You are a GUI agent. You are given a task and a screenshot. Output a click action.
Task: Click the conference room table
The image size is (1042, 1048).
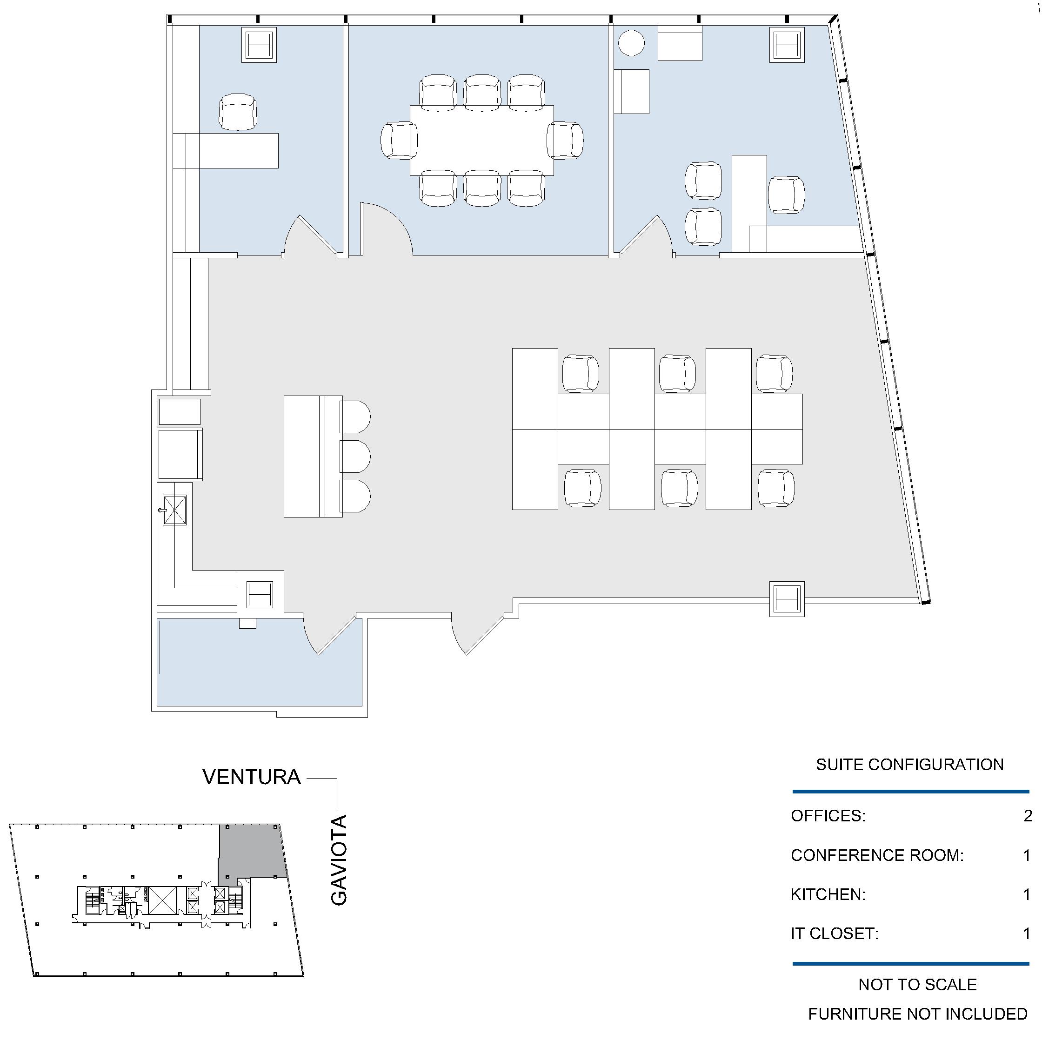tap(481, 141)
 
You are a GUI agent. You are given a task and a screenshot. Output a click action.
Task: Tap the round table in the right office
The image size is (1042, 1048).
tap(631, 43)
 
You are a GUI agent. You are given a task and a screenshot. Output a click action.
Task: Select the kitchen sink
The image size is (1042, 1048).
tap(174, 510)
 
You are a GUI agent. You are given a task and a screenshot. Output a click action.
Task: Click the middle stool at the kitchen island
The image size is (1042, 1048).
tap(355, 456)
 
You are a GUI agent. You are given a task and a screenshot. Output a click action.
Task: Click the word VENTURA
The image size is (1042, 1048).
tap(252, 777)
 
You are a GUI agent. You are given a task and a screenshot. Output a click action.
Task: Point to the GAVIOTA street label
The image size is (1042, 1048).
tap(339, 860)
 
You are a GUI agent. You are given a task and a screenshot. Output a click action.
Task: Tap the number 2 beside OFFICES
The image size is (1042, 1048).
tap(1028, 816)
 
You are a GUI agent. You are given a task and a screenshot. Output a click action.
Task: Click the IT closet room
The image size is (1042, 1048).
tap(260, 662)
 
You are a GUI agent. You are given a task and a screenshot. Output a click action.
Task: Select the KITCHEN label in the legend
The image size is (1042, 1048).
tap(828, 894)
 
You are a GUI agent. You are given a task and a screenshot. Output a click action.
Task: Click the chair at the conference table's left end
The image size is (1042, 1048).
tap(399, 141)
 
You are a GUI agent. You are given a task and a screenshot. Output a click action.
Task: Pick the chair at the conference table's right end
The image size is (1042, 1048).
tap(565, 141)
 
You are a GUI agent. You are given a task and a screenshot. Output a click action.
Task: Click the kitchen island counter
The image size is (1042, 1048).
tap(313, 456)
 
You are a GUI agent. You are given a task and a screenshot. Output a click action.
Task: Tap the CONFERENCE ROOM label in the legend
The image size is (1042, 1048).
tap(877, 855)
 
